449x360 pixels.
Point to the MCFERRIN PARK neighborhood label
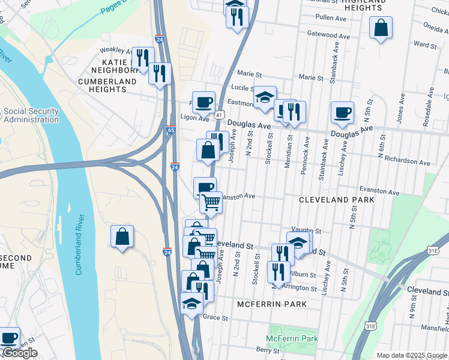point(271,304)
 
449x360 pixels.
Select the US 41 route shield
point(220,115)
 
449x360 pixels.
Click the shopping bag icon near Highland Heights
point(381,28)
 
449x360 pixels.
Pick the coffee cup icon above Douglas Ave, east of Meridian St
point(342,112)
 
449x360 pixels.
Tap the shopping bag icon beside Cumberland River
point(122,236)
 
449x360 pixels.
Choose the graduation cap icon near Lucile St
point(264,98)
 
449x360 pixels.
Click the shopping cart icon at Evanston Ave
point(211,203)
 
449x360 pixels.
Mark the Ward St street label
point(425,44)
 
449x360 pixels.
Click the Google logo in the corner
point(19,353)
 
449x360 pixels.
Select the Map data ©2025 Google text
point(412,355)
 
